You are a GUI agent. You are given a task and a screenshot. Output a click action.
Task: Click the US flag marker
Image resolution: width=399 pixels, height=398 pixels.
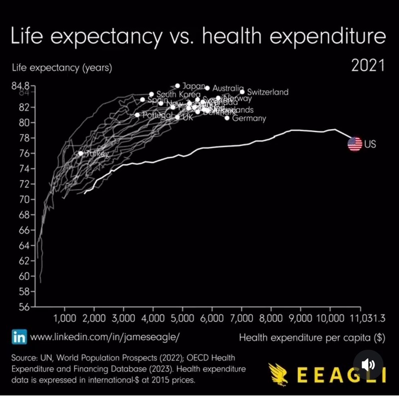click(x=355, y=144)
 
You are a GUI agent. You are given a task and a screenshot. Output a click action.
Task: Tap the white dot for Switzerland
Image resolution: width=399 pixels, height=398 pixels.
click(x=242, y=92)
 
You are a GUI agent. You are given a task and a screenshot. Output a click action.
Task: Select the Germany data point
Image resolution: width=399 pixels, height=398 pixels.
click(x=227, y=118)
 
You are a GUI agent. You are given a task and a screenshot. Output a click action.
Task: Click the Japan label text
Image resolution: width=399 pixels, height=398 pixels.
click(x=194, y=86)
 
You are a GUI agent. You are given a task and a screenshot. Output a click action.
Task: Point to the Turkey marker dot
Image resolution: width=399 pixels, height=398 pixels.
click(x=81, y=153)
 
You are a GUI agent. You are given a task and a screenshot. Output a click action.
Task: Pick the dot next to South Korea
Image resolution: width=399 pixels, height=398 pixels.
click(x=151, y=94)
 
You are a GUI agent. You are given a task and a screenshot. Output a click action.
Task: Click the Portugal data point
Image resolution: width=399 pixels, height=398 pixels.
click(x=137, y=115)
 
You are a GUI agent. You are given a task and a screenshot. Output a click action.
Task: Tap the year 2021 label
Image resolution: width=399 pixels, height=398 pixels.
click(x=368, y=66)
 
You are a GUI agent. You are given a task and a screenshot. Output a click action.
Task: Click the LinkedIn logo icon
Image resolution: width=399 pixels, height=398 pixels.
click(x=19, y=337)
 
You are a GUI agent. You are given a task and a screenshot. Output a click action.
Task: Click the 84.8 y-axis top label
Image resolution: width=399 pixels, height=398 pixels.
click(x=21, y=86)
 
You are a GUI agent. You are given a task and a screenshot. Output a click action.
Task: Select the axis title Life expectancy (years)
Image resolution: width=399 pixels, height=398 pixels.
click(x=62, y=68)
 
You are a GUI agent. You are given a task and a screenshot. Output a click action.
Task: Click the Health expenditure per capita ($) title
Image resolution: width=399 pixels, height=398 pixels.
click(x=312, y=338)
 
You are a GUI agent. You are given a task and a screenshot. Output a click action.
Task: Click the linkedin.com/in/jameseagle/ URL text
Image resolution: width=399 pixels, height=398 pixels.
click(x=105, y=337)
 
